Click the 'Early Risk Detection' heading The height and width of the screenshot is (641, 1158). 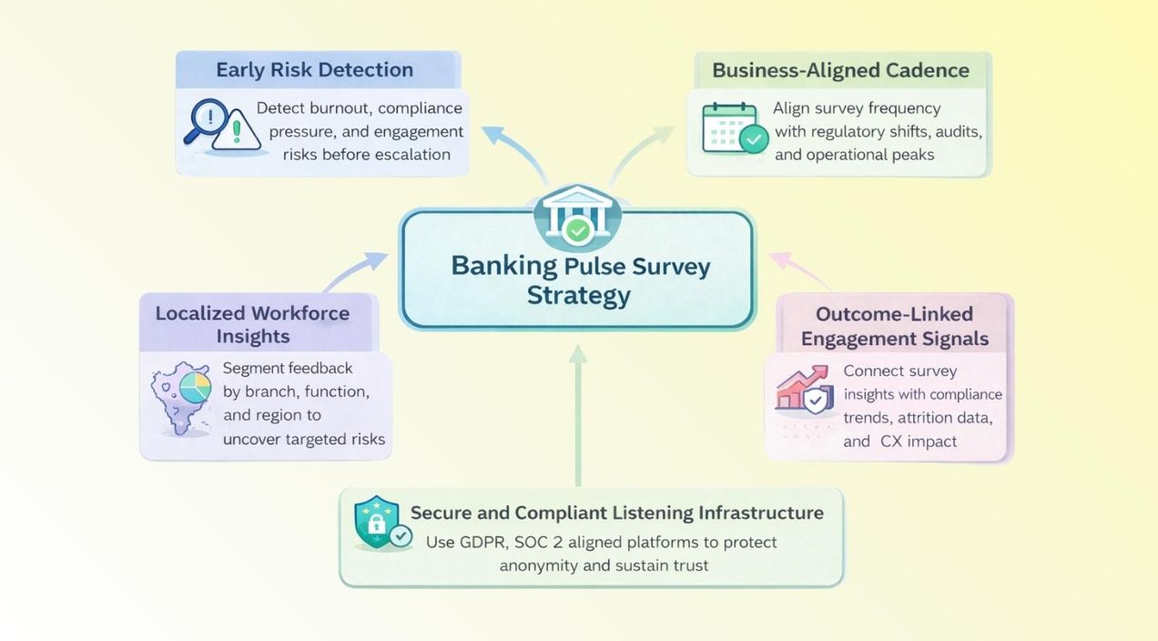point(314,70)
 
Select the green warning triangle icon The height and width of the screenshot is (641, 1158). point(237,130)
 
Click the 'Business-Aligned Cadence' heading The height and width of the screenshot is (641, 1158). point(840,70)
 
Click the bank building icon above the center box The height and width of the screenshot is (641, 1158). point(577,217)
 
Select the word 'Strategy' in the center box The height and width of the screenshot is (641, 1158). point(578,295)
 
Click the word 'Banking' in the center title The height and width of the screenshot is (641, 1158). point(503,266)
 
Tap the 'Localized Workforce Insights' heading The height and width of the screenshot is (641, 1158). point(252,324)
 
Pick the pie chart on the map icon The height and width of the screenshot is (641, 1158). point(195,388)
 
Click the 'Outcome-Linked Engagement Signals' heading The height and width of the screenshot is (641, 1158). point(895,326)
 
